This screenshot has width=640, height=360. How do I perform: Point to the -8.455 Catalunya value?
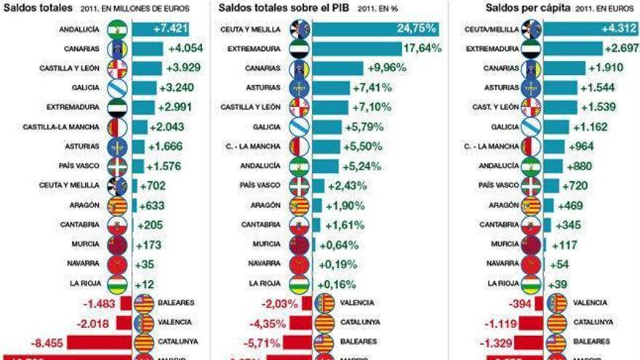[x=47, y=340]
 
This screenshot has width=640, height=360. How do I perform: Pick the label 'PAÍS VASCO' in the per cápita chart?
[x=499, y=185]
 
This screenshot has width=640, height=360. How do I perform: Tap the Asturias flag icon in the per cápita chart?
[x=532, y=88]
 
